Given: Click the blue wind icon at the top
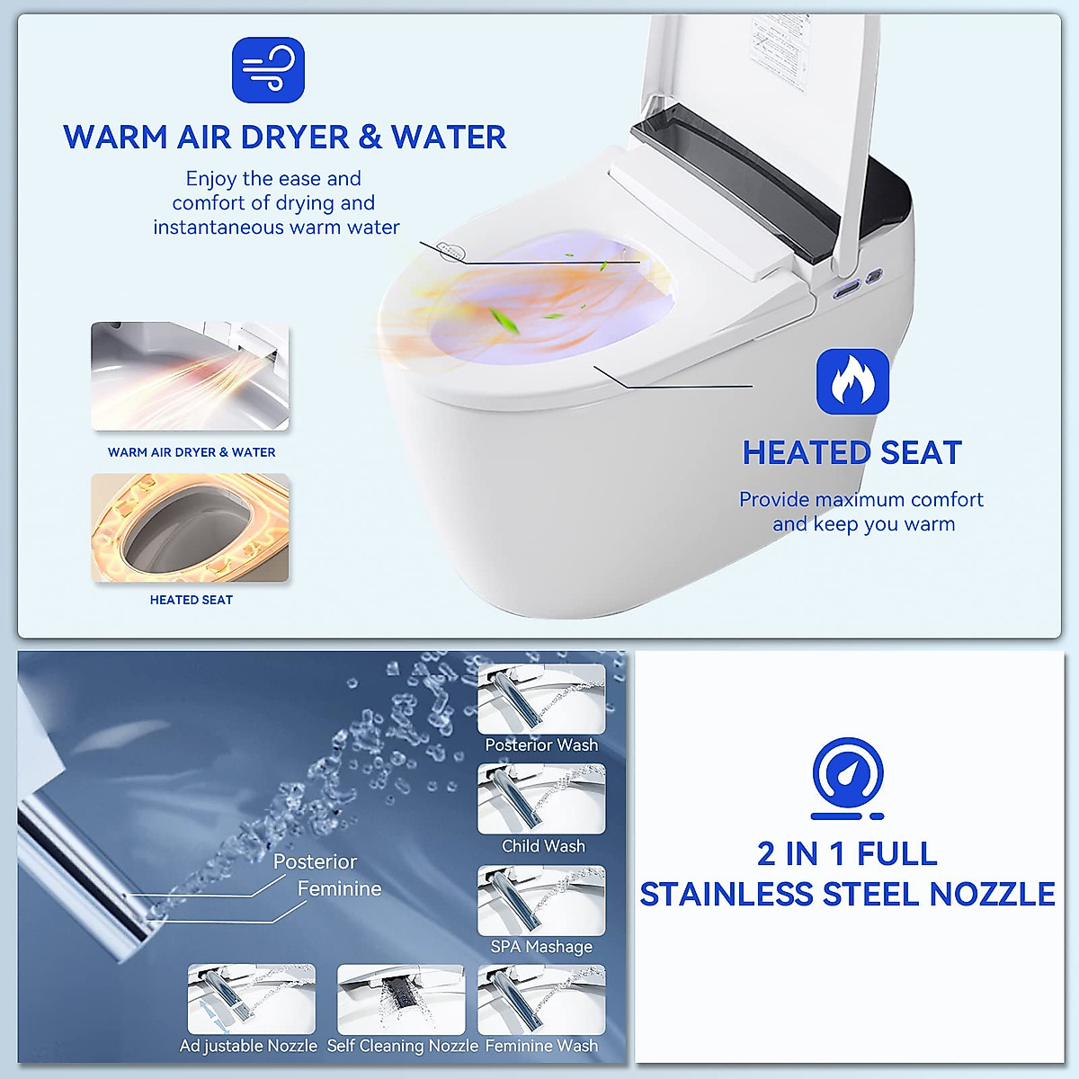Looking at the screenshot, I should (x=268, y=70).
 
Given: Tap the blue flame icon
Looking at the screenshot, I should (x=852, y=381).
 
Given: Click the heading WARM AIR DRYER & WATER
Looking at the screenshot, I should (x=284, y=138).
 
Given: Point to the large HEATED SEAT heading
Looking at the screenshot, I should (x=852, y=453).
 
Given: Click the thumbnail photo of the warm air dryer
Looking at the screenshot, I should (x=190, y=376).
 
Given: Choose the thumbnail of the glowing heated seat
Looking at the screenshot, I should (x=190, y=528).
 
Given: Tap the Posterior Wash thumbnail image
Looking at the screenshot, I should (x=541, y=699).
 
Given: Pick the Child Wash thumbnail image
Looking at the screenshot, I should (x=541, y=798).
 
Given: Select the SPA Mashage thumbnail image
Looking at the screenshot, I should (x=541, y=900).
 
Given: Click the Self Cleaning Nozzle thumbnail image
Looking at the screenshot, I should (x=401, y=999).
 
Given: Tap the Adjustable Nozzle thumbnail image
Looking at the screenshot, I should (x=252, y=999).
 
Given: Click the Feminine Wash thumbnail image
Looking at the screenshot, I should (x=541, y=999).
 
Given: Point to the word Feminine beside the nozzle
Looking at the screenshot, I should (x=339, y=889).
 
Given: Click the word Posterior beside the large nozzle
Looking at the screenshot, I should (x=315, y=861).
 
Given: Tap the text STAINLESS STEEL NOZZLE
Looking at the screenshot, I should (x=847, y=895).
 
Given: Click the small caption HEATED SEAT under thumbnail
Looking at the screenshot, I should (x=191, y=600).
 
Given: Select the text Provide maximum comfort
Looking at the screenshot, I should (x=861, y=500).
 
